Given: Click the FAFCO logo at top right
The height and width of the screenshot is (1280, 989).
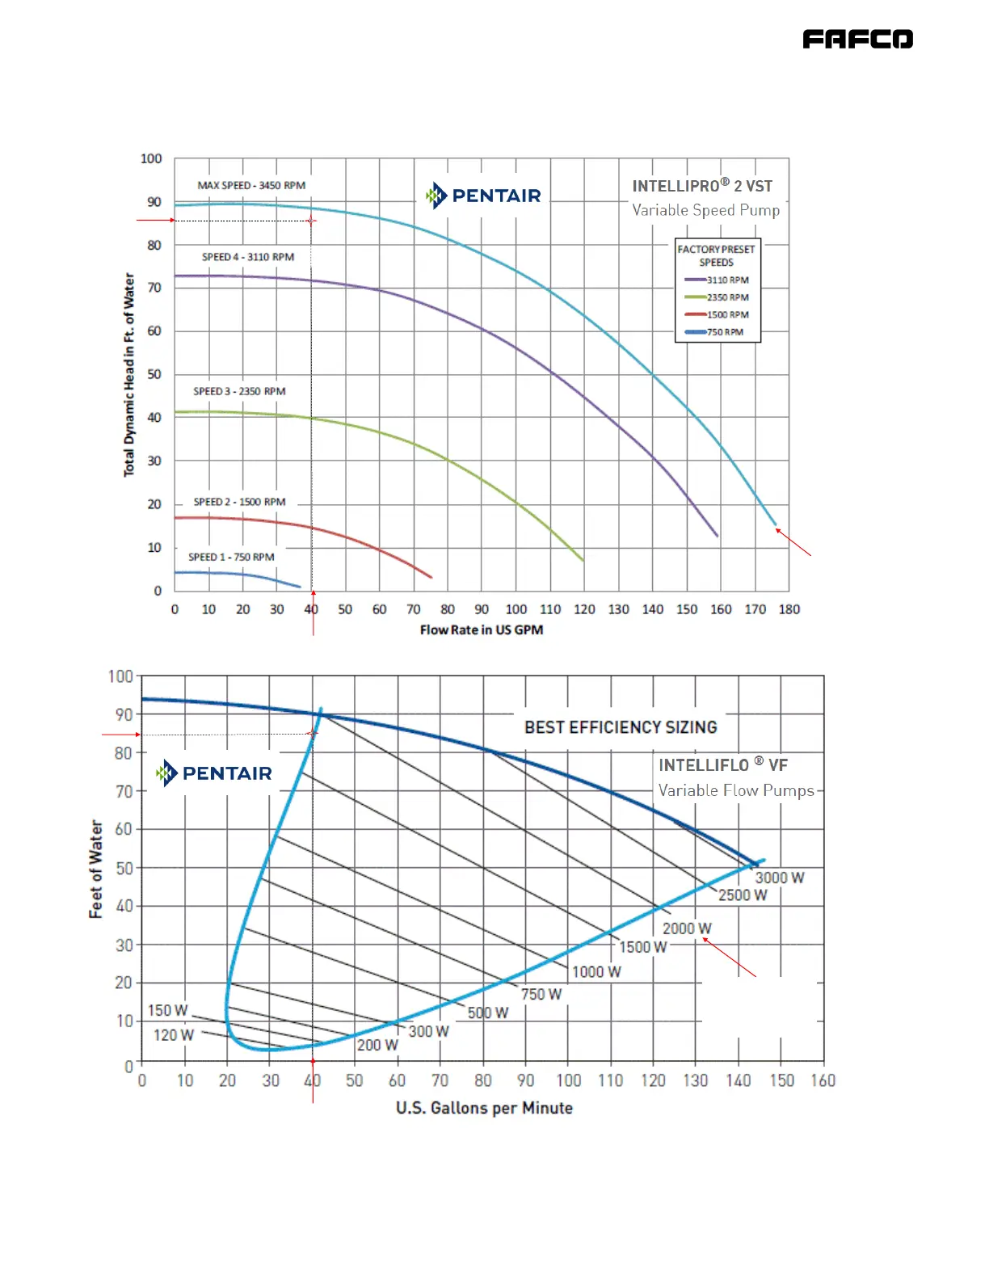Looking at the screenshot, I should [857, 39].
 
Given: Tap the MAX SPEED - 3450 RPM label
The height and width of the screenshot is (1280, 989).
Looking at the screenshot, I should [251, 186].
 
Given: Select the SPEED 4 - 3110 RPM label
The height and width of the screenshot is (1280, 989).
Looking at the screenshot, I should [248, 257].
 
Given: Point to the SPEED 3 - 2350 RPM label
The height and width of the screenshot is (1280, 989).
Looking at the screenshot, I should [239, 391].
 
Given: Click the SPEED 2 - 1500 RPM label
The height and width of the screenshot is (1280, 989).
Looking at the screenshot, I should [239, 502].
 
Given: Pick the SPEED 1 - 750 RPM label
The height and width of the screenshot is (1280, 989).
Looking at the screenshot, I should [231, 557].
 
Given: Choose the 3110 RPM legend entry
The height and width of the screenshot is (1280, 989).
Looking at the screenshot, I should [718, 280].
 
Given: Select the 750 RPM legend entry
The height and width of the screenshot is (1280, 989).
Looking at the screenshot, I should [715, 332].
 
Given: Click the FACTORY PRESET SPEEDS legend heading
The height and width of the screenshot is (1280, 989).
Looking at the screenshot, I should [717, 255].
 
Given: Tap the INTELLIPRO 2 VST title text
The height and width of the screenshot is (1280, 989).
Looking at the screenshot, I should [702, 187].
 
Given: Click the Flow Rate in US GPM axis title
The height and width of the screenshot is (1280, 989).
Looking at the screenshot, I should [482, 629].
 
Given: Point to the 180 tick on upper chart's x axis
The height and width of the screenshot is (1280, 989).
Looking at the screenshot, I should [789, 609].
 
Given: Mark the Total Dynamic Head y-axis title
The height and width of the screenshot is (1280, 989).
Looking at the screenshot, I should [129, 374].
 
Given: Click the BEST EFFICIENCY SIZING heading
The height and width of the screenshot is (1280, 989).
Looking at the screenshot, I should [621, 727].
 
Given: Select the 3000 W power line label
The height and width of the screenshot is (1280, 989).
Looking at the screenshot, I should [779, 878].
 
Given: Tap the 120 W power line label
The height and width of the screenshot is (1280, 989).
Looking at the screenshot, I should [174, 1035].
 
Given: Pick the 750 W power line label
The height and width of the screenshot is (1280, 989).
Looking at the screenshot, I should [541, 994].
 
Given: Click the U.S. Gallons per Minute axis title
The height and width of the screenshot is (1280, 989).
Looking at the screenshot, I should [484, 1108].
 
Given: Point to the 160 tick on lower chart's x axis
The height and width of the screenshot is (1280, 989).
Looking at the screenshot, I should [823, 1080].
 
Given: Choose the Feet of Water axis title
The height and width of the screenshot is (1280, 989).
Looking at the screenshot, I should [96, 869].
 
